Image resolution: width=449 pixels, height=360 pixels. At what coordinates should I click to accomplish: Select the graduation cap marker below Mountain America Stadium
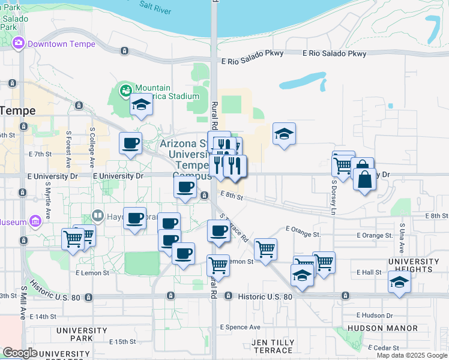(x=142, y=105)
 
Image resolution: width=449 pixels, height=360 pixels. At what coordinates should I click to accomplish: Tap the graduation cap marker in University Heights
(x=399, y=282)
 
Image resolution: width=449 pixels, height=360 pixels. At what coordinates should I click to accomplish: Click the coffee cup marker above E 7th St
(x=130, y=143)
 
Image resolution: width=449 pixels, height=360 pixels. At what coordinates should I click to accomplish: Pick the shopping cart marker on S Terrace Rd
(x=265, y=249)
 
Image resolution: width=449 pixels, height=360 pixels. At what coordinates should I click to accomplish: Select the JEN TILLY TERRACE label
(x=273, y=346)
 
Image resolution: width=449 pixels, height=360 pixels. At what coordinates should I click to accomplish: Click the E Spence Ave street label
(x=240, y=327)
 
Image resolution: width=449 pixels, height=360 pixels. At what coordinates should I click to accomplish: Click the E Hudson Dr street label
(x=374, y=315)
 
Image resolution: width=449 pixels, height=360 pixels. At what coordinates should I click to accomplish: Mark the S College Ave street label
(x=92, y=147)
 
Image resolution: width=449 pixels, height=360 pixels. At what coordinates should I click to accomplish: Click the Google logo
(x=20, y=353)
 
